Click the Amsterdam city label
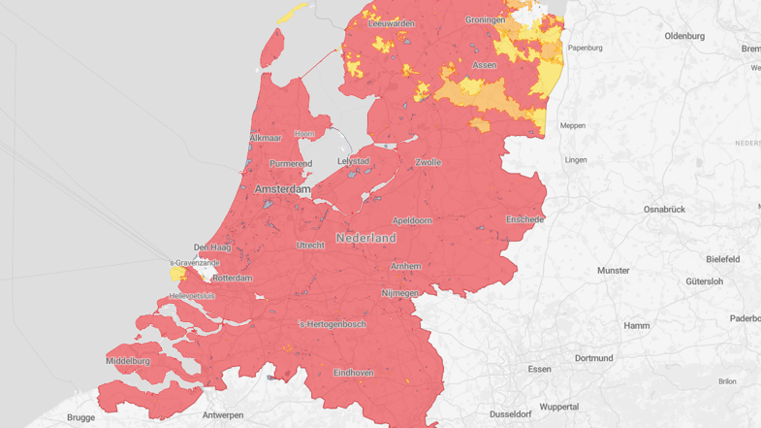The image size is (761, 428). pos(282,189)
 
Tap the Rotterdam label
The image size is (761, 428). pos(232,279)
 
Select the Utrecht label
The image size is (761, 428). pos(310,246)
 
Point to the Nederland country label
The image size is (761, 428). pos(366,238)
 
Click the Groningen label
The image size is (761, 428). pos(485,19)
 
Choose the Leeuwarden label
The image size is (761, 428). pos(392,23)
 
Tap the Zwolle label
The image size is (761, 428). pos(428,162)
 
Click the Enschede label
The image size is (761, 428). pos(525,219)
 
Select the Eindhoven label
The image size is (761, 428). pos(354,372)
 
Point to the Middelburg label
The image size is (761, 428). pos(128,361)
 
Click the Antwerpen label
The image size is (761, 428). pos(223,415)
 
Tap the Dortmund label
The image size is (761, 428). pos(593,358)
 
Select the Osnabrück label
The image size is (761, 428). pos(664,209)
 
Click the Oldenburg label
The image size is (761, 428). pos(684,36)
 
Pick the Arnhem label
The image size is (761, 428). pos(405,266)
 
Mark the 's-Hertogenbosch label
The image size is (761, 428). pos(333,324)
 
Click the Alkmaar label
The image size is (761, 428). pos(266,138)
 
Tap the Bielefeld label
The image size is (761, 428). pos(723,259)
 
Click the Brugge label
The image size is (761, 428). pos(81,418)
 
